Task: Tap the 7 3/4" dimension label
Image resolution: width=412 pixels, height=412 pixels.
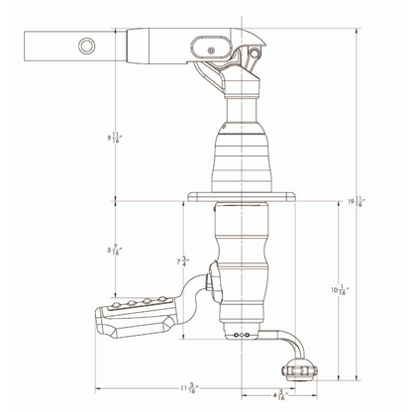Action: point(180,262)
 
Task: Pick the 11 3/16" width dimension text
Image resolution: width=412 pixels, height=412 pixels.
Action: point(185,387)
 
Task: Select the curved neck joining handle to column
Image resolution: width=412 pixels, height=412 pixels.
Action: point(198,292)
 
